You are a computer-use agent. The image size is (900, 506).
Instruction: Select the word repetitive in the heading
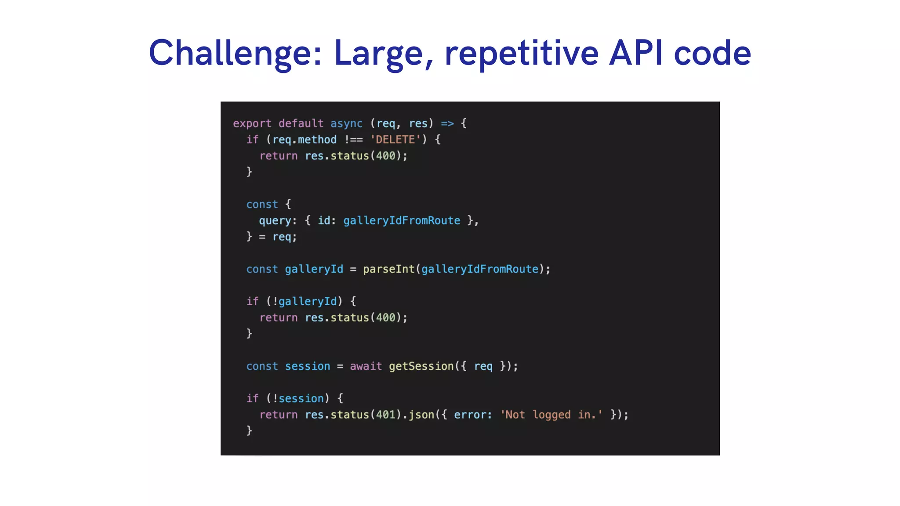point(522,54)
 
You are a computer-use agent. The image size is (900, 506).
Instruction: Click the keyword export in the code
point(252,123)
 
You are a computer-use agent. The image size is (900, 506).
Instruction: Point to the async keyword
point(346,123)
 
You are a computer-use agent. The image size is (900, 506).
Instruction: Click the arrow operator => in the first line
point(447,123)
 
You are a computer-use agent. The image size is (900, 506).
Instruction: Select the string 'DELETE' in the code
point(396,140)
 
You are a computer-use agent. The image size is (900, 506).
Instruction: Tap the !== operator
point(353,140)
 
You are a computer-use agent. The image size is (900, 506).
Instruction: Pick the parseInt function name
point(388,269)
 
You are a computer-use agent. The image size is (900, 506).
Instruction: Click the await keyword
point(366,366)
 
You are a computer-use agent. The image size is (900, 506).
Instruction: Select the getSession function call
point(421,366)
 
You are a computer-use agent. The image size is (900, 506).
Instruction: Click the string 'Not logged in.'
point(552,415)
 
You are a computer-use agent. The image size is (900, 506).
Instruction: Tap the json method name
point(421,415)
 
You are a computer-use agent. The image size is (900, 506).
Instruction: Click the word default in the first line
point(301,123)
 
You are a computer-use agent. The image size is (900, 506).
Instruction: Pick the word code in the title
point(712,54)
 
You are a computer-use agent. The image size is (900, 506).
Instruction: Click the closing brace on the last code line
point(249,430)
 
